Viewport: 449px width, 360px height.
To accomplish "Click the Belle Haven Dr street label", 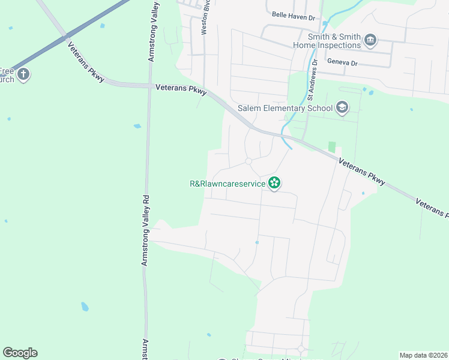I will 294,17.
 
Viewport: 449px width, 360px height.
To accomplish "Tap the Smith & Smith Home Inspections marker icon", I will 370,40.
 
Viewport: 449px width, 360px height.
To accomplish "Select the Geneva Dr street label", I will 342,62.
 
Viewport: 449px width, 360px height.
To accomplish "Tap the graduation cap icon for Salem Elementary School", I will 342,108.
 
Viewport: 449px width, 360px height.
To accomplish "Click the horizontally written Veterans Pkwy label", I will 181,88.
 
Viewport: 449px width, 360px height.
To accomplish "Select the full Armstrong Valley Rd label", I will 146,230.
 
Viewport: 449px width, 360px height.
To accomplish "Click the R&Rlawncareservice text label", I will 228,184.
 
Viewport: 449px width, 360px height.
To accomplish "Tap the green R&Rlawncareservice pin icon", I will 274,183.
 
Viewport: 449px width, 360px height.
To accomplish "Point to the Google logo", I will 20,353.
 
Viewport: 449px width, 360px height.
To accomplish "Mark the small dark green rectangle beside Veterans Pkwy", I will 331,147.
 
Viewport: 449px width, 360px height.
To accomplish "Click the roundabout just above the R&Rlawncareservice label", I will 249,161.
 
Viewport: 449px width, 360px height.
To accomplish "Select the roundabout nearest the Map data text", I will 301,349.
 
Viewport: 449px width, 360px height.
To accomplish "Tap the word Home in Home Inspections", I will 305,45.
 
